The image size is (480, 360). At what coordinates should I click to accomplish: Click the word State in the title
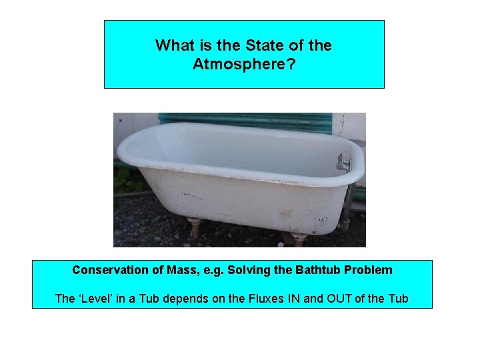pos(260,46)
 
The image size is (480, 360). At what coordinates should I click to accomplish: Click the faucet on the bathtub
pos(343,162)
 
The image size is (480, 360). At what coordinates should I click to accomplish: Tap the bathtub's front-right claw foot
pos(297,238)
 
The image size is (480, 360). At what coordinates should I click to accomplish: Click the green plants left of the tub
pos(123,179)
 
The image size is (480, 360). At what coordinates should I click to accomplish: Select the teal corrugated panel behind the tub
pos(247,121)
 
